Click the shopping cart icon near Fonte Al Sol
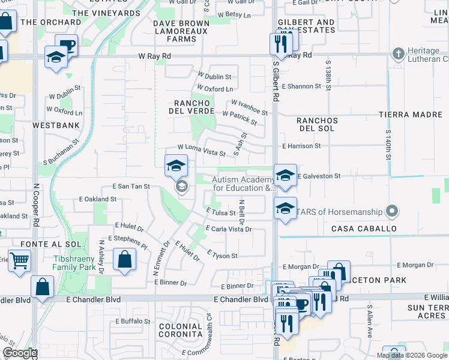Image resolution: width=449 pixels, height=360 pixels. (x=20, y=261)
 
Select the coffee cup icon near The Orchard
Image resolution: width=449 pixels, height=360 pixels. (x=67, y=45)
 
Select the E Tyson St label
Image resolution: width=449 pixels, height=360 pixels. (x=222, y=256)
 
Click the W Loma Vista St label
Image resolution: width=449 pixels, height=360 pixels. (x=201, y=151)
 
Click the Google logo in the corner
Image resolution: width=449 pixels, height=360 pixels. (x=19, y=353)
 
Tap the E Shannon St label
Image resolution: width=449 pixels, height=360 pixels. (x=301, y=86)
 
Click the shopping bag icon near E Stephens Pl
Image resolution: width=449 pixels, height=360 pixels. (x=124, y=260)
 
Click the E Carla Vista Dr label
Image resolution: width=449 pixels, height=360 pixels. (x=228, y=229)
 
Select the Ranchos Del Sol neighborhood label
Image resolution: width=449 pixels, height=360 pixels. (x=318, y=125)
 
